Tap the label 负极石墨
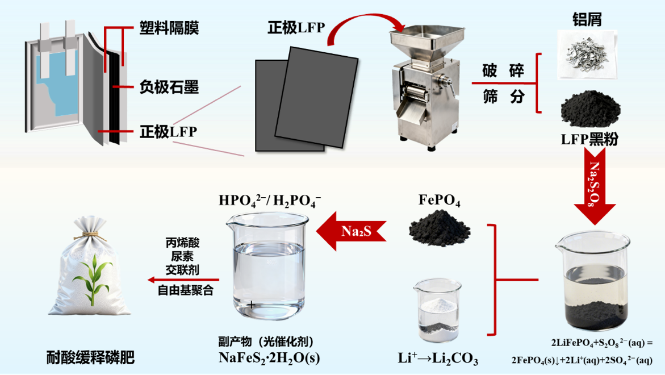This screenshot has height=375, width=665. click(169, 87)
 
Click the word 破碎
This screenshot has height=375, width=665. click(503, 70)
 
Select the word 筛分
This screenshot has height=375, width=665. click(503, 97)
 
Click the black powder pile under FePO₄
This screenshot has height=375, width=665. click(440, 226)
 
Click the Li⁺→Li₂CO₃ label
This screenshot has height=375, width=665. click(438, 359)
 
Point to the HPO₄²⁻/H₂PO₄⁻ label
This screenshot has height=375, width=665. click(270, 201)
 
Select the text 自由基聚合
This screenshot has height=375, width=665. click(185, 291)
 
